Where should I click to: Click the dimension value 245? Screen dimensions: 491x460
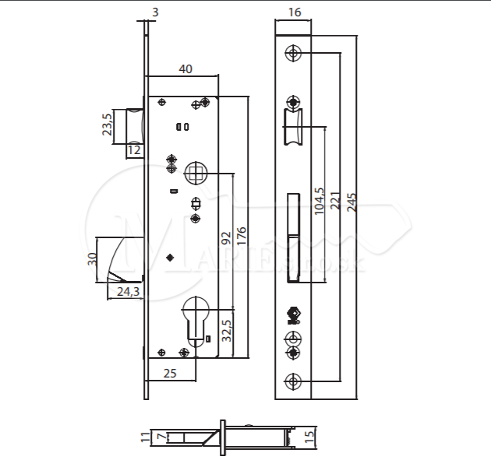(x=352, y=202)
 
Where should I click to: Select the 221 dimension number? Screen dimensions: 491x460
(x=335, y=201)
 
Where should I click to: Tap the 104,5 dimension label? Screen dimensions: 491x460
(x=319, y=201)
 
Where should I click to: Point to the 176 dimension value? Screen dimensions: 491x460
(x=242, y=236)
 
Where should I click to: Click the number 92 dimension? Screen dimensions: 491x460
(x=226, y=238)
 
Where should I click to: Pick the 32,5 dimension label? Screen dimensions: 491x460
(x=226, y=331)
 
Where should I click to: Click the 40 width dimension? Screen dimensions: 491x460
(x=185, y=68)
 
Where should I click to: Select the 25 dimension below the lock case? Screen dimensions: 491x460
(x=170, y=373)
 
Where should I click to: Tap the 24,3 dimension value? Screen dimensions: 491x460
(x=128, y=291)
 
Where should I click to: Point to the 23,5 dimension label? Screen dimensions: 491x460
(x=107, y=125)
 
